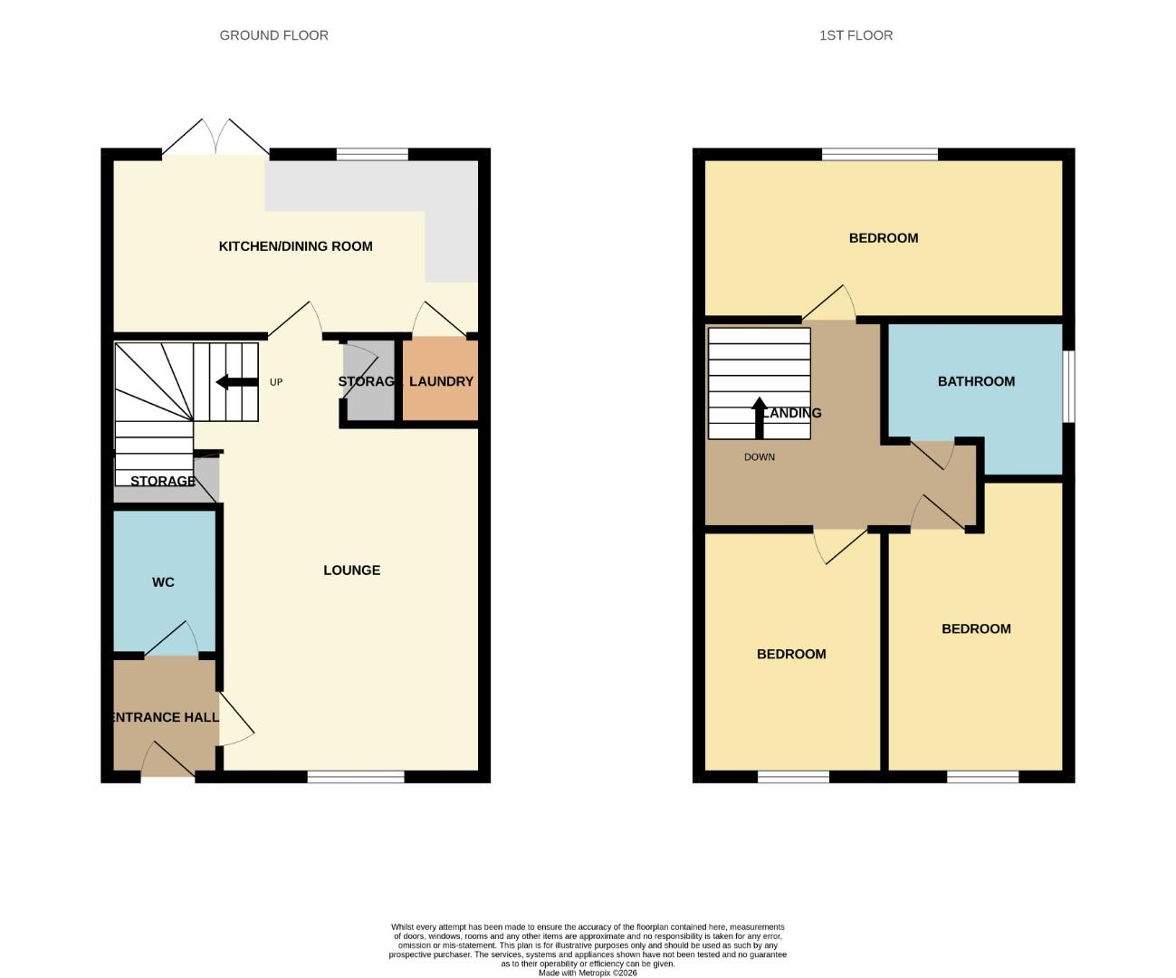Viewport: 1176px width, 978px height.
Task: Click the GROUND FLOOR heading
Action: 273,35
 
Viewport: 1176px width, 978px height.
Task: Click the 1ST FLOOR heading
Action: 856,35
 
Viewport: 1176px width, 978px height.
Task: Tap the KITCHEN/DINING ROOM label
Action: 295,246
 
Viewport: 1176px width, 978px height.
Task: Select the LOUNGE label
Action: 351,570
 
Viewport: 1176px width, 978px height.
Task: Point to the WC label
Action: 163,582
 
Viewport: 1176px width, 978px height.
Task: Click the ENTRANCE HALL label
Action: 165,717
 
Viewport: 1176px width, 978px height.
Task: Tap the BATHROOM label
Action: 975,381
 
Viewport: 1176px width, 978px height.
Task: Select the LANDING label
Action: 793,413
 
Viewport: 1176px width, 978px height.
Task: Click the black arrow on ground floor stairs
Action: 236,382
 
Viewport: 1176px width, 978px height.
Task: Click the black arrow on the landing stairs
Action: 759,417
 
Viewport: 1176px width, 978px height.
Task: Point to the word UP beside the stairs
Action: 276,382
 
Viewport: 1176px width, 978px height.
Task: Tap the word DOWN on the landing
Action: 759,457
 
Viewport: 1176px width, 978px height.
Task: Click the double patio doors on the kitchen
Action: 215,138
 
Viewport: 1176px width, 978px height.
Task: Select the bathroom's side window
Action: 1068,386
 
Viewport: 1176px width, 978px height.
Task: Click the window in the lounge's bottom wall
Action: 356,776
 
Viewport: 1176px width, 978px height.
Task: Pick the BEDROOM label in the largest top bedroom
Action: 883,238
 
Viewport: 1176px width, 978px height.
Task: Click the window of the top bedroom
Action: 879,154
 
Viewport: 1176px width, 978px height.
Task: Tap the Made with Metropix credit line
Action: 588,973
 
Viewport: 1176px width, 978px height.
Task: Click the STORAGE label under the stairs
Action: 162,481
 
